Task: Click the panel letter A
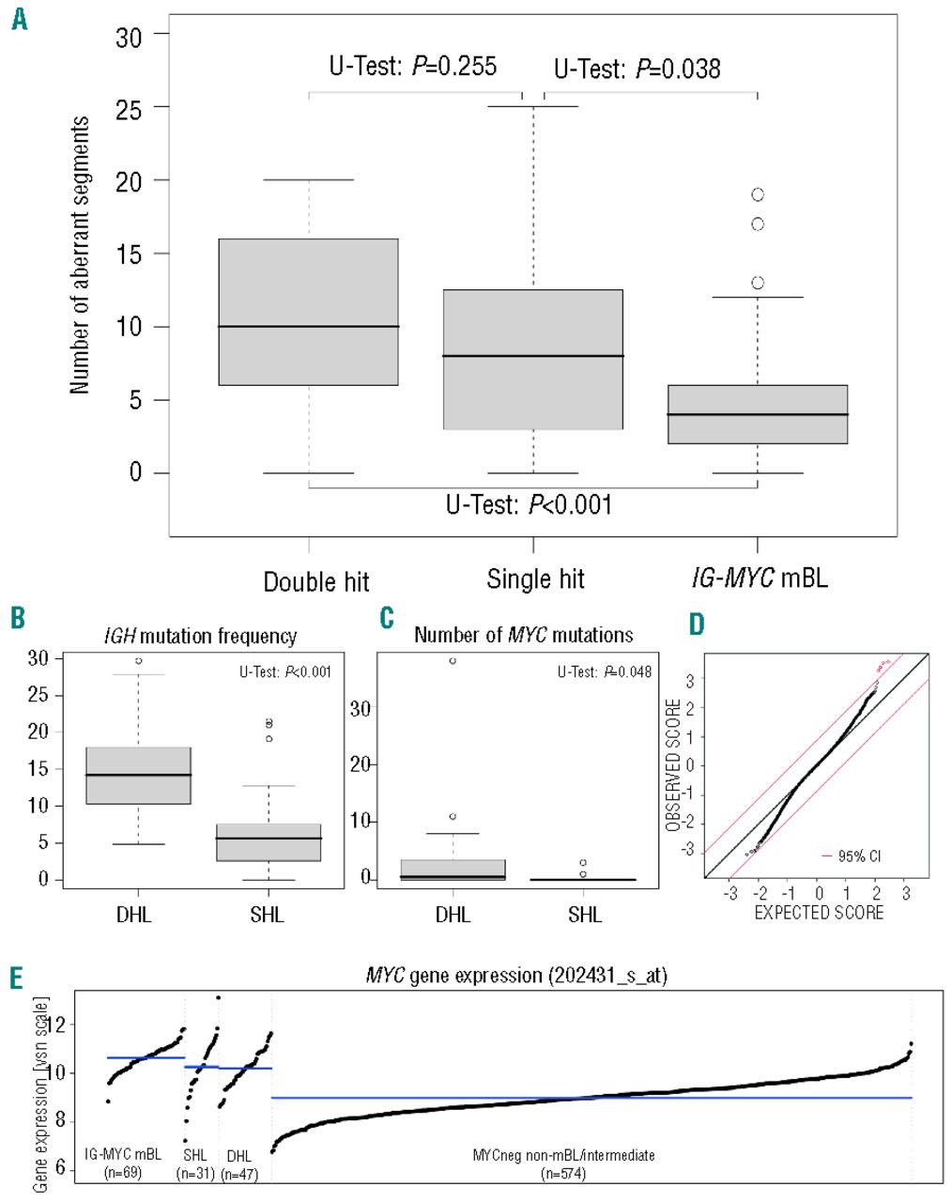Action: coord(19,18)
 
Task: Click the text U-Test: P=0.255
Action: coord(412,67)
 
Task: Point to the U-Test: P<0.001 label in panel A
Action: coord(529,505)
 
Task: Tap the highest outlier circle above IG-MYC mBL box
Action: coord(758,194)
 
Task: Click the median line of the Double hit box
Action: coord(309,327)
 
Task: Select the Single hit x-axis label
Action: coord(535,579)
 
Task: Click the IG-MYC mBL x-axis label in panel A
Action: coord(760,578)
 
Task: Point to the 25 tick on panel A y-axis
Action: coord(129,108)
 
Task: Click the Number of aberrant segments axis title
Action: coord(80,254)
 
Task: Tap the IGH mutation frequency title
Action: coord(200,637)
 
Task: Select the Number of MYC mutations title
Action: coord(523,636)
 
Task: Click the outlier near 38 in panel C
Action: coord(453,661)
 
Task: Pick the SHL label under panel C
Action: coord(585,915)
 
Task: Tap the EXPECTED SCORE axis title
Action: coord(819,913)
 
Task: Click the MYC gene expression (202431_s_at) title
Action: coord(516,976)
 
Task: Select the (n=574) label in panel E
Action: coord(563,1173)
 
